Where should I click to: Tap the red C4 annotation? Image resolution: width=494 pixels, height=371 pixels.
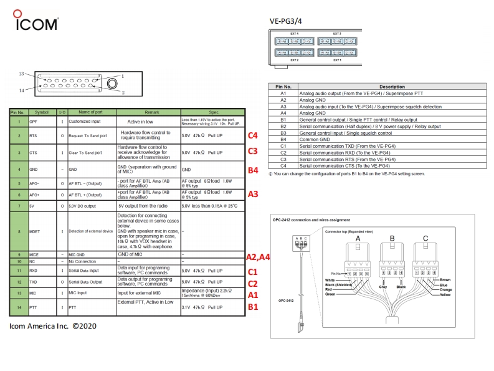(x=253, y=135)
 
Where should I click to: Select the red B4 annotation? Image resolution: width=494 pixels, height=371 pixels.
(x=253, y=170)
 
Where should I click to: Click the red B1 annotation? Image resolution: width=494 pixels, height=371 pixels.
(x=253, y=307)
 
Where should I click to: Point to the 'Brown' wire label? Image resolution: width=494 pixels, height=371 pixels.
(x=445, y=280)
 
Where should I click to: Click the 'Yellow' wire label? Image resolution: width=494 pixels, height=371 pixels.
(x=445, y=295)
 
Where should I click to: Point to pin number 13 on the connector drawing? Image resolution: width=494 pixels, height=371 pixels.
(x=21, y=74)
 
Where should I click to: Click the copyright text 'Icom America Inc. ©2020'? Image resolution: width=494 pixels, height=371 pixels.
(x=53, y=325)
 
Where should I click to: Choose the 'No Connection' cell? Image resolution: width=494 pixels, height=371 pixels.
(x=84, y=261)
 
